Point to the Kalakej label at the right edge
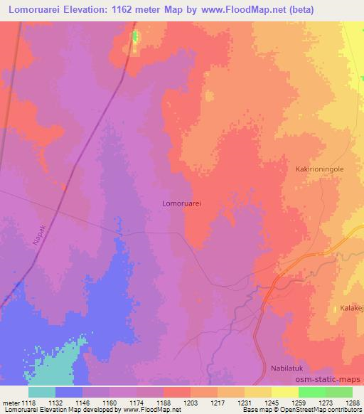coord(350,309)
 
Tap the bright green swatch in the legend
coord(311,392)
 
